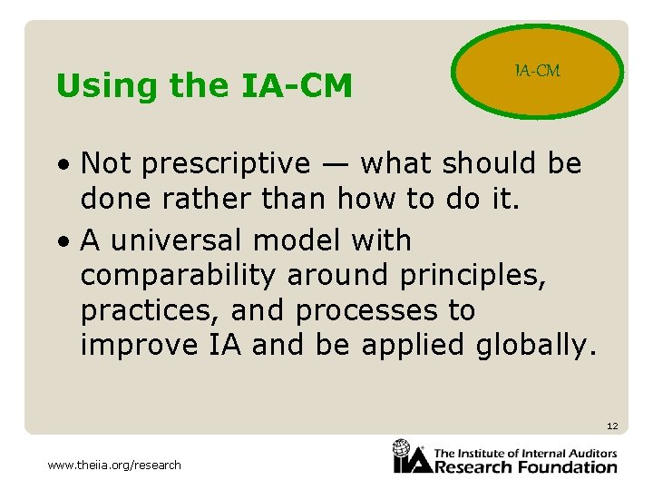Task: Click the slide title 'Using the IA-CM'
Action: click(203, 86)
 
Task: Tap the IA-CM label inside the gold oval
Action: click(537, 71)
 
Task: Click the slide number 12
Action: click(612, 426)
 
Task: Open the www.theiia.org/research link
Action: click(114, 465)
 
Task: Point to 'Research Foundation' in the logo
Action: click(526, 467)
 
